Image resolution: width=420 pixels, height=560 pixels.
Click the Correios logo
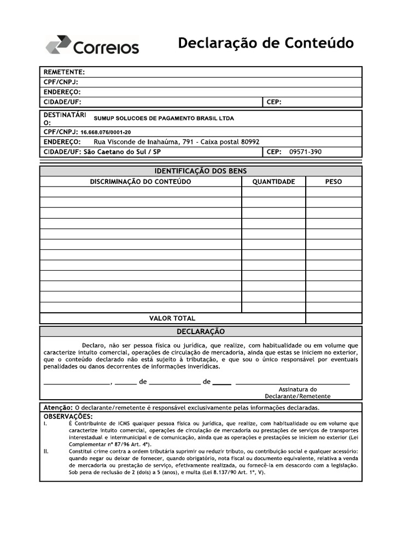click(x=92, y=45)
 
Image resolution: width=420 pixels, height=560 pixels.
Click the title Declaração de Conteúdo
click(x=266, y=43)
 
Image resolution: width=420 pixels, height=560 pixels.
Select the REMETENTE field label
click(x=64, y=72)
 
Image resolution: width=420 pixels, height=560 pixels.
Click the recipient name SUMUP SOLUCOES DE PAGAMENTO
click(x=164, y=118)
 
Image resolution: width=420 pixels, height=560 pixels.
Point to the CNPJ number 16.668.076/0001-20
click(x=106, y=132)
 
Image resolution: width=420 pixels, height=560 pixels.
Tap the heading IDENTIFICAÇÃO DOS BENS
click(x=201, y=171)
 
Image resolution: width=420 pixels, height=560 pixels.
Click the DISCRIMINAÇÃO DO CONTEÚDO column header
click(x=141, y=182)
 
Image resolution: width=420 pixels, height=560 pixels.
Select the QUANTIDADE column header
click(x=273, y=182)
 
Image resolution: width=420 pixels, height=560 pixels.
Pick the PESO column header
click(x=333, y=182)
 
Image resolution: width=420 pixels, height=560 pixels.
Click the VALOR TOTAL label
click(x=172, y=318)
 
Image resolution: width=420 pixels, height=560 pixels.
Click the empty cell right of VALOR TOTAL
click(x=333, y=318)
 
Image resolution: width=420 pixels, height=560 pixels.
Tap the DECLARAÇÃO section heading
click(x=201, y=331)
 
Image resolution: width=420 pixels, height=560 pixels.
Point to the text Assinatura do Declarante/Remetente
click(x=297, y=393)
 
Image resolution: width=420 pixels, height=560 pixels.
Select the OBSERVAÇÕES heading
click(x=68, y=416)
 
